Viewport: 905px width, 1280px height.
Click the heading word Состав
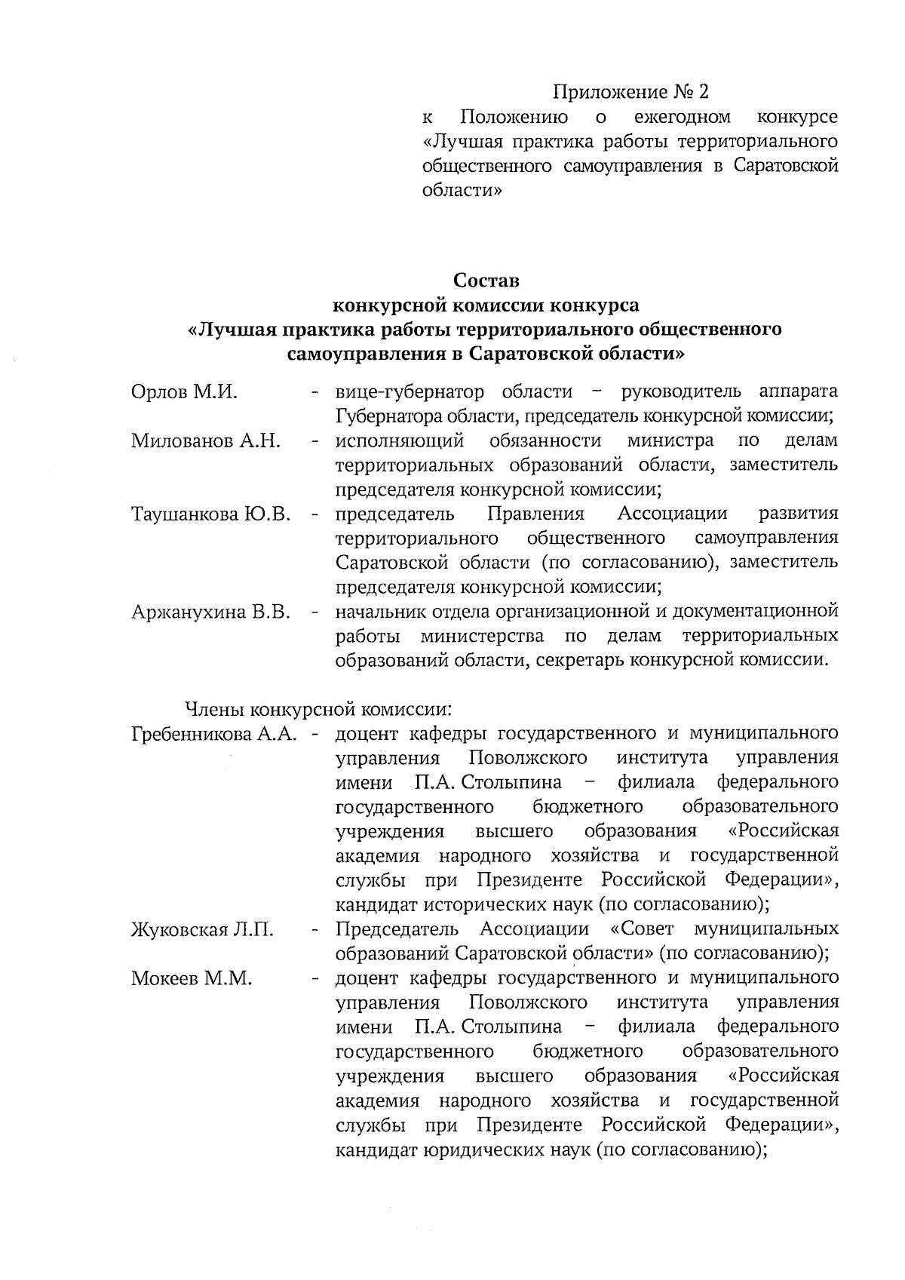486,281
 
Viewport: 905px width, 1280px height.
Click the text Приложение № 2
631,92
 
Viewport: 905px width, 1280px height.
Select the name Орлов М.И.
184,391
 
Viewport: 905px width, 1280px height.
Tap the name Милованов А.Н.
206,441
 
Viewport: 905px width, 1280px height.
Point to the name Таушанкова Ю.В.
211,514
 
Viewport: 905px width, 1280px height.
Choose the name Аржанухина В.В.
211,612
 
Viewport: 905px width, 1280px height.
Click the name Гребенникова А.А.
213,733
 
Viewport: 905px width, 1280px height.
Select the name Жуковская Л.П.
202,929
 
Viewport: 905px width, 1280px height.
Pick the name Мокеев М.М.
192,978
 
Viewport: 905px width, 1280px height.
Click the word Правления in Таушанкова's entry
535,514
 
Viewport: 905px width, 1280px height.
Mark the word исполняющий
399,440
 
